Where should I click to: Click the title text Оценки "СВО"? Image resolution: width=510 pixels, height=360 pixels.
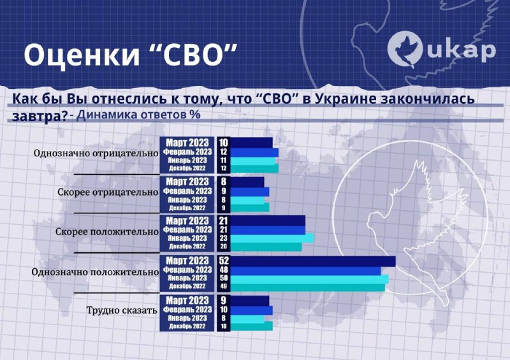pyautogui.click(x=131, y=54)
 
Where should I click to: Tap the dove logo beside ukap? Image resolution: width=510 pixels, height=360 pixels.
pyautogui.click(x=405, y=49)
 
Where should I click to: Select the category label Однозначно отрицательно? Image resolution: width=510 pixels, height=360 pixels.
pyautogui.click(x=96, y=153)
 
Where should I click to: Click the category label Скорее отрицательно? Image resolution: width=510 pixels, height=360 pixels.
pyautogui.click(x=108, y=192)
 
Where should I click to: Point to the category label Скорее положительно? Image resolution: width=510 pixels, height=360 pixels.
pyautogui.click(x=107, y=232)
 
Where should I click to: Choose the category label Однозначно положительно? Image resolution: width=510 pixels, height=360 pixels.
pyautogui.click(x=95, y=272)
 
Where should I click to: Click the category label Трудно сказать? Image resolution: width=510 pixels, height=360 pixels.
pyautogui.click(x=122, y=310)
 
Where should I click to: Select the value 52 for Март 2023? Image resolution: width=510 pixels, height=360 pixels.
pyautogui.click(x=224, y=261)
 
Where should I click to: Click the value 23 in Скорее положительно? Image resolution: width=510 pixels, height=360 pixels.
pyautogui.click(x=224, y=238)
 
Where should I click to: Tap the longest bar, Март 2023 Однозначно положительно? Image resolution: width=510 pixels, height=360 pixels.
pyautogui.click(x=313, y=261)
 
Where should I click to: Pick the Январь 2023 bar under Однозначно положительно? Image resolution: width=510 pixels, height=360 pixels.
pyautogui.click(x=310, y=279)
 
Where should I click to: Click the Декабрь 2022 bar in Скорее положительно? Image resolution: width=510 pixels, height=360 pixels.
pyautogui.click(x=266, y=247)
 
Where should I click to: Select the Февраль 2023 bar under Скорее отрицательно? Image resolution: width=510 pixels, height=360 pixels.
pyautogui.click(x=250, y=192)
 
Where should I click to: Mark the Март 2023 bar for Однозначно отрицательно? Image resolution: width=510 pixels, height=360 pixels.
pyautogui.click(x=251, y=143)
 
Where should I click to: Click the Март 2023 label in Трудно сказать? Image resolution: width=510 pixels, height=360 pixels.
pyautogui.click(x=187, y=300)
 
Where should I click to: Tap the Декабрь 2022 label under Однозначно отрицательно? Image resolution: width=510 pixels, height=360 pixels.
pyautogui.click(x=187, y=168)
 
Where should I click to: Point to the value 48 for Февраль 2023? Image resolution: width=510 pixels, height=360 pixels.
pyautogui.click(x=224, y=270)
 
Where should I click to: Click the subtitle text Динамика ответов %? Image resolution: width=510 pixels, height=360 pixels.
pyautogui.click(x=138, y=115)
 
